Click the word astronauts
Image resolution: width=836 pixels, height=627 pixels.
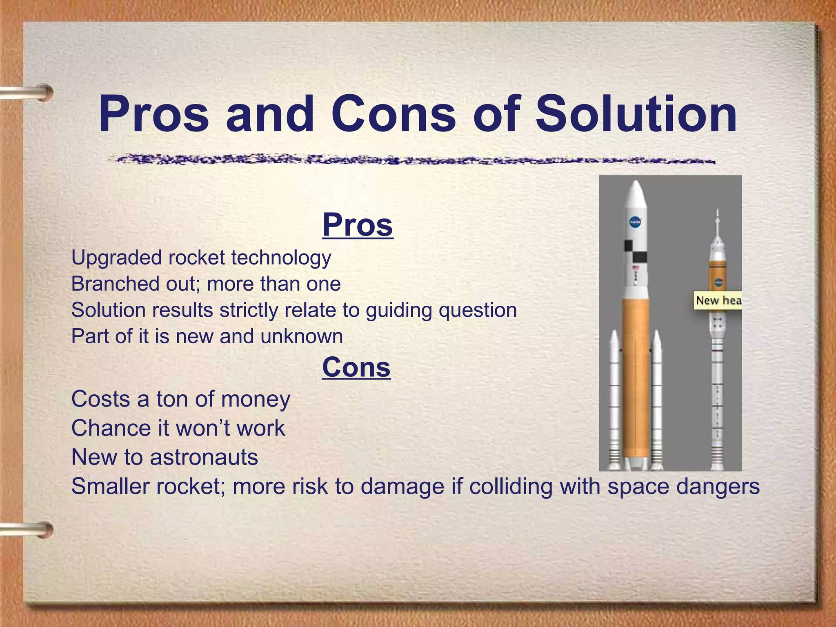click(204, 457)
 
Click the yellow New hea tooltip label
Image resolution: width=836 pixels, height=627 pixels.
click(718, 301)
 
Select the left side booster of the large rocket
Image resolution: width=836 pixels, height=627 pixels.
click(614, 400)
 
